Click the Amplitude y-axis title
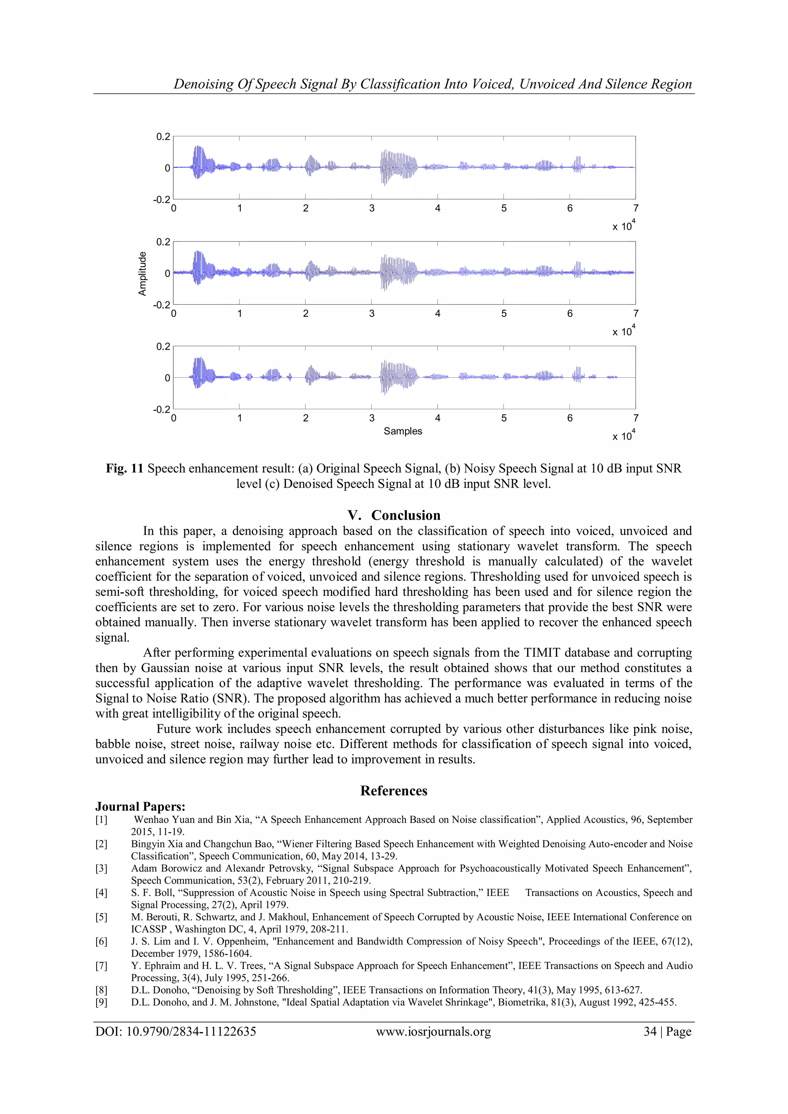(x=142, y=273)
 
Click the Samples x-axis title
(x=403, y=431)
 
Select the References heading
(x=394, y=790)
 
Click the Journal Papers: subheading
(x=140, y=806)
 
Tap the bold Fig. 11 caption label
(x=125, y=468)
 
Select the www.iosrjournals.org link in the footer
(x=433, y=1032)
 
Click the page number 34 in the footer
(x=650, y=1032)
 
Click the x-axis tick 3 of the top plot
(x=372, y=208)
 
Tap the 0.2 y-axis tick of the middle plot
(x=163, y=242)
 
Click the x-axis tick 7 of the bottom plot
(x=636, y=418)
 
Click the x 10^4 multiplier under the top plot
(x=623, y=226)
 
